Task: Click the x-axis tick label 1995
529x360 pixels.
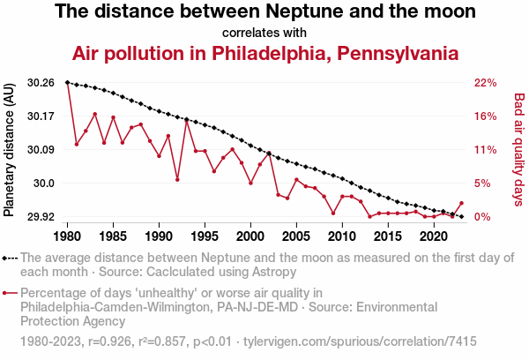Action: [205, 236]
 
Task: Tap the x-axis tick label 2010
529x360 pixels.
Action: [342, 236]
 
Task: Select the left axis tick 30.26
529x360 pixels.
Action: [41, 83]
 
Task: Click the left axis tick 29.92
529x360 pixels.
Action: [41, 217]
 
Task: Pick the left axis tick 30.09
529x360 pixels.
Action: [41, 150]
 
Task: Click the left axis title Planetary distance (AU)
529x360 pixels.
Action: [10, 150]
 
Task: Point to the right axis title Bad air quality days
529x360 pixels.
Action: [519, 150]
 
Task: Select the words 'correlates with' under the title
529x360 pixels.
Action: [264, 34]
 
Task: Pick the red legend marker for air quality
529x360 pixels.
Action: [10, 294]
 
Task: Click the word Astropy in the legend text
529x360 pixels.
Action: [273, 272]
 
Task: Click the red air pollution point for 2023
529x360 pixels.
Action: [461, 204]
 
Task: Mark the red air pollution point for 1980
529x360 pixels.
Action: [68, 82]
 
